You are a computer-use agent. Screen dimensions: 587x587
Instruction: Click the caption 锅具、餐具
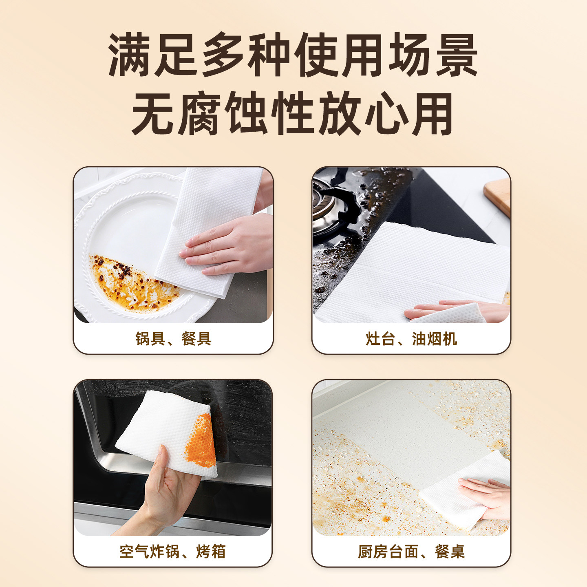coord(173,339)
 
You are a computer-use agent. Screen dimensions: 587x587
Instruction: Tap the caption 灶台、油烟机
coord(411,339)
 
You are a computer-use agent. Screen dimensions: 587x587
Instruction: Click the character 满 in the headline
coord(130,55)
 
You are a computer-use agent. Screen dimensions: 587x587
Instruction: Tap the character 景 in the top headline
coord(457,55)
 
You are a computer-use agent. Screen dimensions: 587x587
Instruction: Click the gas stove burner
coord(331,207)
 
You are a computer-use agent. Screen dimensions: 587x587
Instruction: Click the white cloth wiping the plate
coord(207,232)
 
